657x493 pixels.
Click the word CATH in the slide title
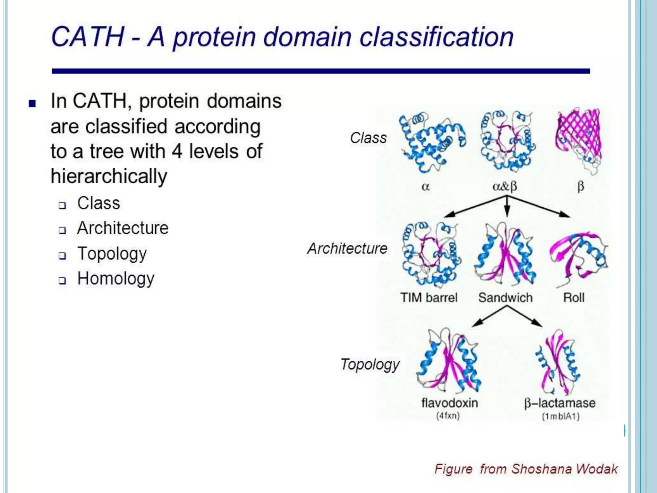pos(87,37)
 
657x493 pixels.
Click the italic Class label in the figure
pos(368,138)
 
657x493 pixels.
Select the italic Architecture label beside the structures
pos(347,248)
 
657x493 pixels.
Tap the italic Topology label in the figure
pos(370,364)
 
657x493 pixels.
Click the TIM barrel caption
pos(429,298)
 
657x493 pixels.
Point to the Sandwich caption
pos(505,298)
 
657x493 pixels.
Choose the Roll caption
pos(574,298)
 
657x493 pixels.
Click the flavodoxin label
pos(449,403)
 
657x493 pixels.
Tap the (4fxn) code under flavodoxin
pos(448,416)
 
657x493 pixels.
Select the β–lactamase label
pos(559,403)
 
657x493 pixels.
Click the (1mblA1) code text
pos(560,416)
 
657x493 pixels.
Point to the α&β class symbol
pos(505,186)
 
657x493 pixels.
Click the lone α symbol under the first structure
pos(425,186)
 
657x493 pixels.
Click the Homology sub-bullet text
pos(115,278)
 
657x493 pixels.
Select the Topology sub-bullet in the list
pos(112,253)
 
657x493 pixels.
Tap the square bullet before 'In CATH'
pos(32,103)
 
